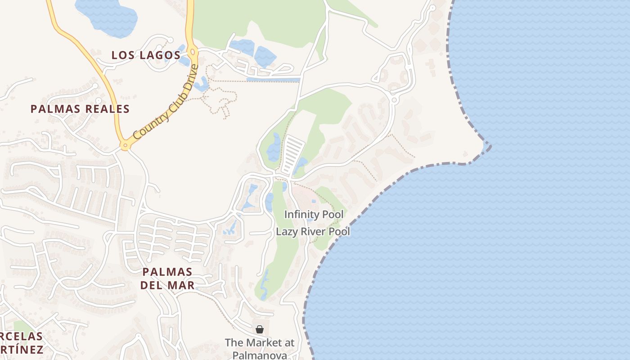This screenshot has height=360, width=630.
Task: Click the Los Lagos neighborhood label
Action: click(x=146, y=55)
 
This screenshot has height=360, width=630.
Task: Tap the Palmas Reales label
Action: click(x=80, y=109)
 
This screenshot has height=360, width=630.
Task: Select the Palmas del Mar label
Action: click(x=167, y=278)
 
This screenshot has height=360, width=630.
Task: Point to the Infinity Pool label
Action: click(x=314, y=215)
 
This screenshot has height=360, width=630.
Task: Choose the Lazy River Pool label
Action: click(x=313, y=232)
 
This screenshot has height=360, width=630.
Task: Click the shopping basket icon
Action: click(x=260, y=329)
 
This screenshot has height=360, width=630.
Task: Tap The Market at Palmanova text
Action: click(x=260, y=349)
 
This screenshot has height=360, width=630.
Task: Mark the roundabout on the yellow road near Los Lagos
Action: click(x=193, y=52)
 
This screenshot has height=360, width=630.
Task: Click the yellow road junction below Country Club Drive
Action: click(x=125, y=145)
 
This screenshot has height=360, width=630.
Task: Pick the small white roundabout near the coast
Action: click(x=394, y=99)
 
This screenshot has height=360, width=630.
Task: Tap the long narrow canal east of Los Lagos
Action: click(x=273, y=80)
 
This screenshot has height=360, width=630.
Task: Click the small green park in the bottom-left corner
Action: click(x=20, y=326)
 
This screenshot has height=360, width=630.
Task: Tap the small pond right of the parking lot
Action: click(x=301, y=164)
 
